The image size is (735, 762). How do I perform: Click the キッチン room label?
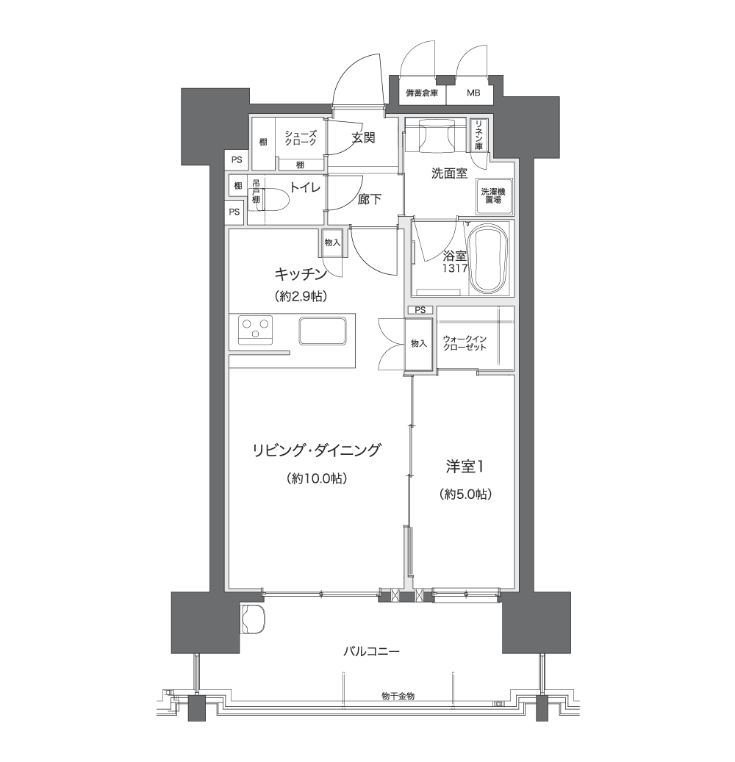coord(301,275)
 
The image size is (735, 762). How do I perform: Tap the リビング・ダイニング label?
coord(316,450)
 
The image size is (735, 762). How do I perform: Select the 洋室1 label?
coord(465,467)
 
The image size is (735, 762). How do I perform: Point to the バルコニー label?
coord(371,651)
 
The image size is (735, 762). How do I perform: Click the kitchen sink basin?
coord(323,331)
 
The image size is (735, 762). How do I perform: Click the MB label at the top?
coord(473,93)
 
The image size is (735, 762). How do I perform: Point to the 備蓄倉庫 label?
coord(422,93)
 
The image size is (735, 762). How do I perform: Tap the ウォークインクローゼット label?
coord(465,343)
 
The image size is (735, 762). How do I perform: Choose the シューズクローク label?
coord(301,137)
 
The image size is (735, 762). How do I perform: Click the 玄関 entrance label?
coord(364,138)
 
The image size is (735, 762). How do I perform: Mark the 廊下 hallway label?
coord(370,199)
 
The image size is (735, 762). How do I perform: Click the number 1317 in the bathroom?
coord(455,267)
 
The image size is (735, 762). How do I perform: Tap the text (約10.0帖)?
coord(317,478)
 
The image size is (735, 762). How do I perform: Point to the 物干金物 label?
coord(398,697)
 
